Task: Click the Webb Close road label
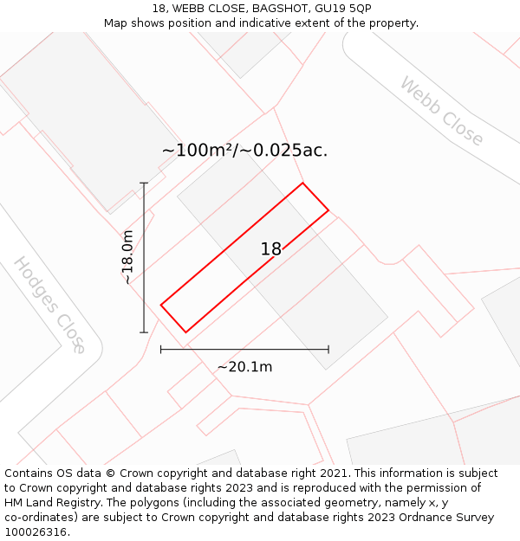[x=441, y=112]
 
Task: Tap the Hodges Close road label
[x=49, y=305]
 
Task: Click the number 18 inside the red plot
[x=271, y=249]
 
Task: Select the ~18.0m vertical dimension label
[x=127, y=257]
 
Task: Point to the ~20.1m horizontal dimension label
[x=244, y=367]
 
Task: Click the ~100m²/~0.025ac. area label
[x=244, y=150]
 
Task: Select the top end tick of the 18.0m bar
[x=144, y=183]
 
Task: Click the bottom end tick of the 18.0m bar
[x=144, y=332]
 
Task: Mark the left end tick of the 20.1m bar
[x=161, y=350]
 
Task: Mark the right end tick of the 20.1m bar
[x=328, y=350]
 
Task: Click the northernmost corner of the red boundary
[x=302, y=183]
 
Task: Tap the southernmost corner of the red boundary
[x=185, y=332]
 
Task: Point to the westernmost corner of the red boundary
[x=161, y=304]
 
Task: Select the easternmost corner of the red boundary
[x=328, y=210]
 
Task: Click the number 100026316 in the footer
[x=37, y=532]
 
